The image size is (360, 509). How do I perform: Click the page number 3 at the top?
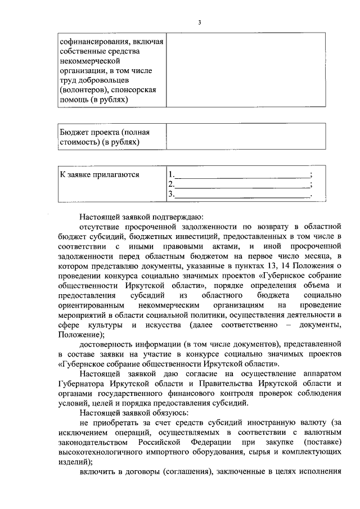(x=199, y=22)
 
